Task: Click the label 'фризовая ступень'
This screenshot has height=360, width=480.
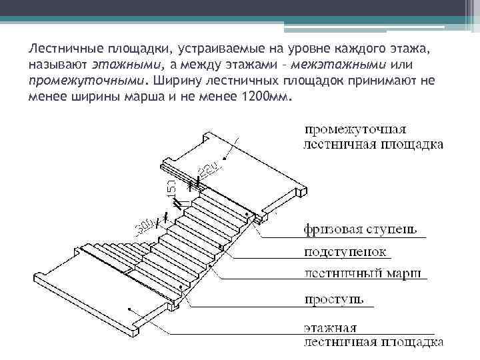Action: click(360, 230)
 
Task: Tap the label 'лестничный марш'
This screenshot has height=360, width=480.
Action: click(365, 273)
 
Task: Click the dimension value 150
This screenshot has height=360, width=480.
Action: click(171, 185)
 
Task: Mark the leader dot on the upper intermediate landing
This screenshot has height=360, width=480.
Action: click(227, 158)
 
